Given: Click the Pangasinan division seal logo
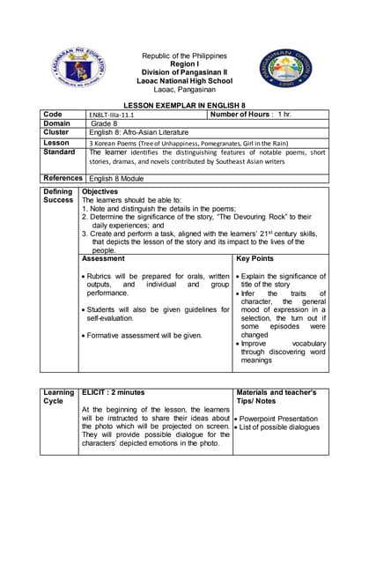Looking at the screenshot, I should pyautogui.click(x=284, y=67).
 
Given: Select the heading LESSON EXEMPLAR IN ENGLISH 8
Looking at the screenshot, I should pyautogui.click(x=184, y=104).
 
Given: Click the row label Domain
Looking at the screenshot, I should pyautogui.click(x=56, y=123).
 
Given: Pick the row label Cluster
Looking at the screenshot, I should pyautogui.click(x=55, y=132).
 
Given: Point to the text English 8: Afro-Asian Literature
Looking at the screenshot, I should pyautogui.click(x=140, y=133).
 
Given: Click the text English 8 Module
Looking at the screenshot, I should pyautogui.click(x=118, y=178).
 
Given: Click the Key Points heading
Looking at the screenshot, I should pyautogui.click(x=255, y=259).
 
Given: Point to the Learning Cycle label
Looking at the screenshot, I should pyautogui.click(x=59, y=396).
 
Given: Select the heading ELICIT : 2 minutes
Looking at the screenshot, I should pyautogui.click(x=114, y=391).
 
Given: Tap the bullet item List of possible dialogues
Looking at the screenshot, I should pyautogui.click(x=280, y=427).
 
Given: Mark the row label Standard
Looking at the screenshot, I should pyautogui.click(x=60, y=152).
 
